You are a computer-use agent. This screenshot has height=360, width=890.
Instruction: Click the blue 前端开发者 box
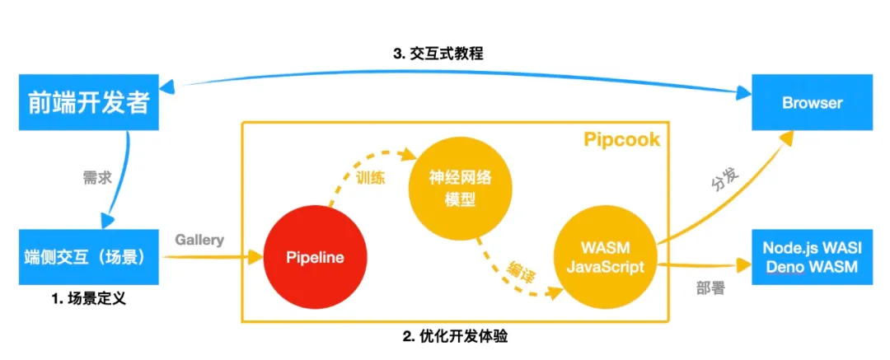[x=85, y=102]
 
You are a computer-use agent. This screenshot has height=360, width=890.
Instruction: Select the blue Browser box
[x=811, y=102]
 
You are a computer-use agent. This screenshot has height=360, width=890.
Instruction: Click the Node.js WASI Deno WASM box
[x=811, y=258]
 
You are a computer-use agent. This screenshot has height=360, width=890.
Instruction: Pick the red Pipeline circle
[x=314, y=258]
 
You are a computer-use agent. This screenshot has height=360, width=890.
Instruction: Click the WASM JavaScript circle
[x=604, y=258]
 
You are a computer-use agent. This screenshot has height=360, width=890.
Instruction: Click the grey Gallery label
[x=199, y=241]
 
